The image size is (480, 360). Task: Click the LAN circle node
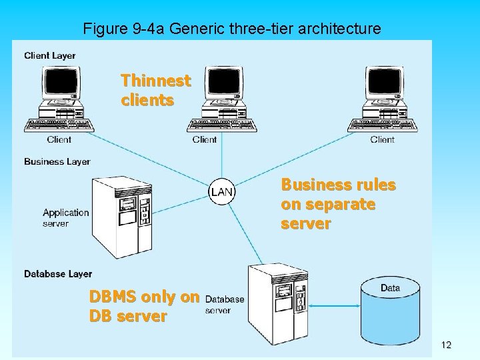coord(221,192)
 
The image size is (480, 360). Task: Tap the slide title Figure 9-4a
coord(231,29)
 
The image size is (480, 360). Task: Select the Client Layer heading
coord(50,55)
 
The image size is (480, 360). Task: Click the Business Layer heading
coord(57,161)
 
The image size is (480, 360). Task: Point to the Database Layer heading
coord(58,274)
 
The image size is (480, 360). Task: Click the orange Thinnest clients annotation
coord(156,91)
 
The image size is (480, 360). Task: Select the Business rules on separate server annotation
coord(338,204)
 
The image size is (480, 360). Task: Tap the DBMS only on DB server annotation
coord(144,307)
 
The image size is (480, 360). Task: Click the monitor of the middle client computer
coord(223,85)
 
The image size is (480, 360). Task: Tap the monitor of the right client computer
coord(385,85)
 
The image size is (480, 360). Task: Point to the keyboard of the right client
coord(383,125)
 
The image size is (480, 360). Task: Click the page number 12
coord(446,345)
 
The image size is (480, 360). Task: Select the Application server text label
coord(65,218)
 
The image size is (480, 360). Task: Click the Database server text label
coord(225,305)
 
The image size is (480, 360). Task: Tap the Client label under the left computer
coord(59,140)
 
